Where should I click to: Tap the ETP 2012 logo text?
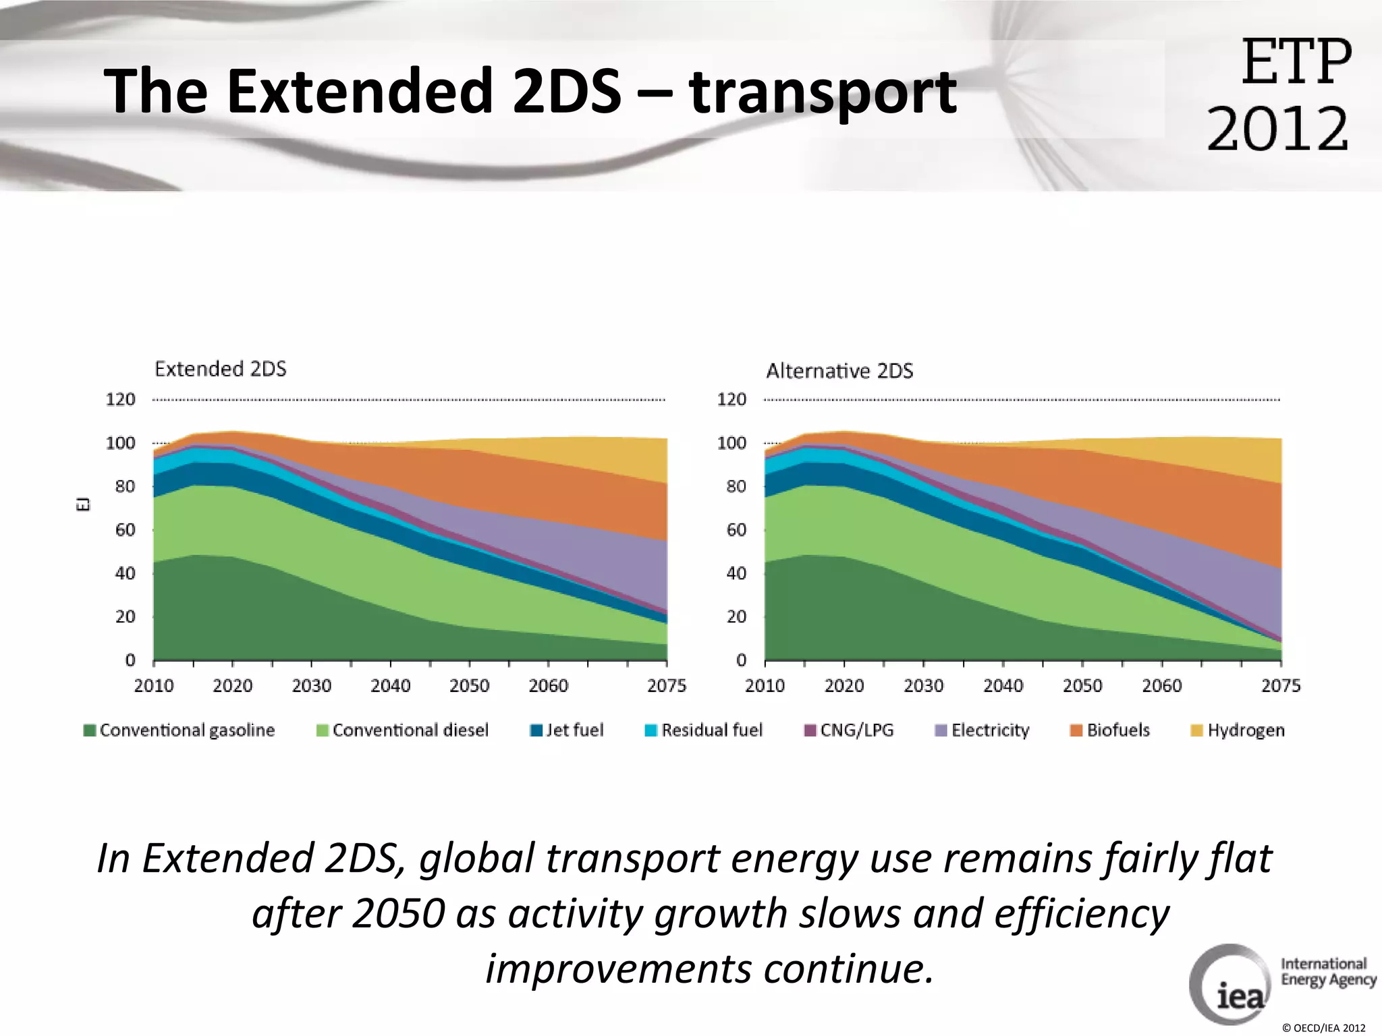pos(1279,94)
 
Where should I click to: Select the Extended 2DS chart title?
pos(220,369)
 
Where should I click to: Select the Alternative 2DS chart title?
pos(839,371)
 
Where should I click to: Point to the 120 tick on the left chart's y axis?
pos(120,399)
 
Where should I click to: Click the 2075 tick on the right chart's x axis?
pos(1280,686)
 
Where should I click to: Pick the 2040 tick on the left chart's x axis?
pos(390,686)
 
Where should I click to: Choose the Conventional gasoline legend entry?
pos(179,730)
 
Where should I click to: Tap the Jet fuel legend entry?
pos(567,730)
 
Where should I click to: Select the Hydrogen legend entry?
pos(1238,730)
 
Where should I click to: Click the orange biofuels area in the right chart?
pos(1201,499)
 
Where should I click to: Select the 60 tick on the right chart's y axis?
pos(736,530)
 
